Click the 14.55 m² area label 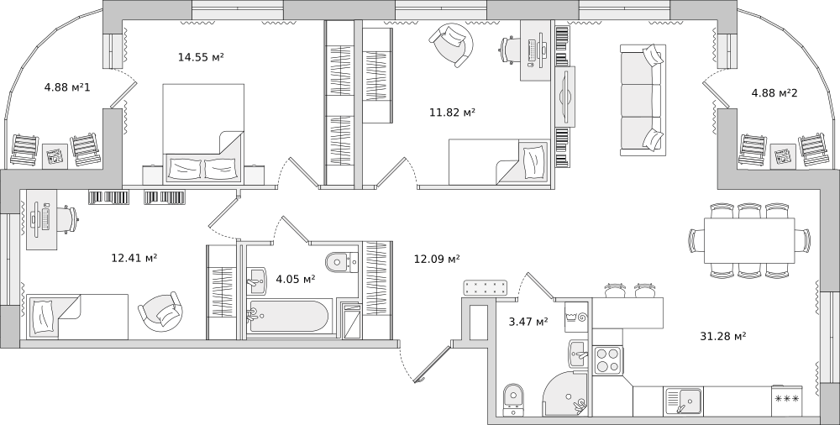point(201,57)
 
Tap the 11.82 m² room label point(453,112)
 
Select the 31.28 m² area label point(723,336)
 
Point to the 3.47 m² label point(528,322)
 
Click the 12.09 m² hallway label point(437,259)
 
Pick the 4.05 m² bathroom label point(295,279)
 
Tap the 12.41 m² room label point(134,258)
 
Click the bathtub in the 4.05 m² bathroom point(288,316)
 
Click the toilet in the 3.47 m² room point(513,399)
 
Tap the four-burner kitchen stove point(608,360)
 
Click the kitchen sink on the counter point(684,401)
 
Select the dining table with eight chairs point(749,240)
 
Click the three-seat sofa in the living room point(643,100)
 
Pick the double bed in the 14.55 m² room point(203,134)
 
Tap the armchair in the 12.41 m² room point(159,312)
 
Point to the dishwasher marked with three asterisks point(787,399)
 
